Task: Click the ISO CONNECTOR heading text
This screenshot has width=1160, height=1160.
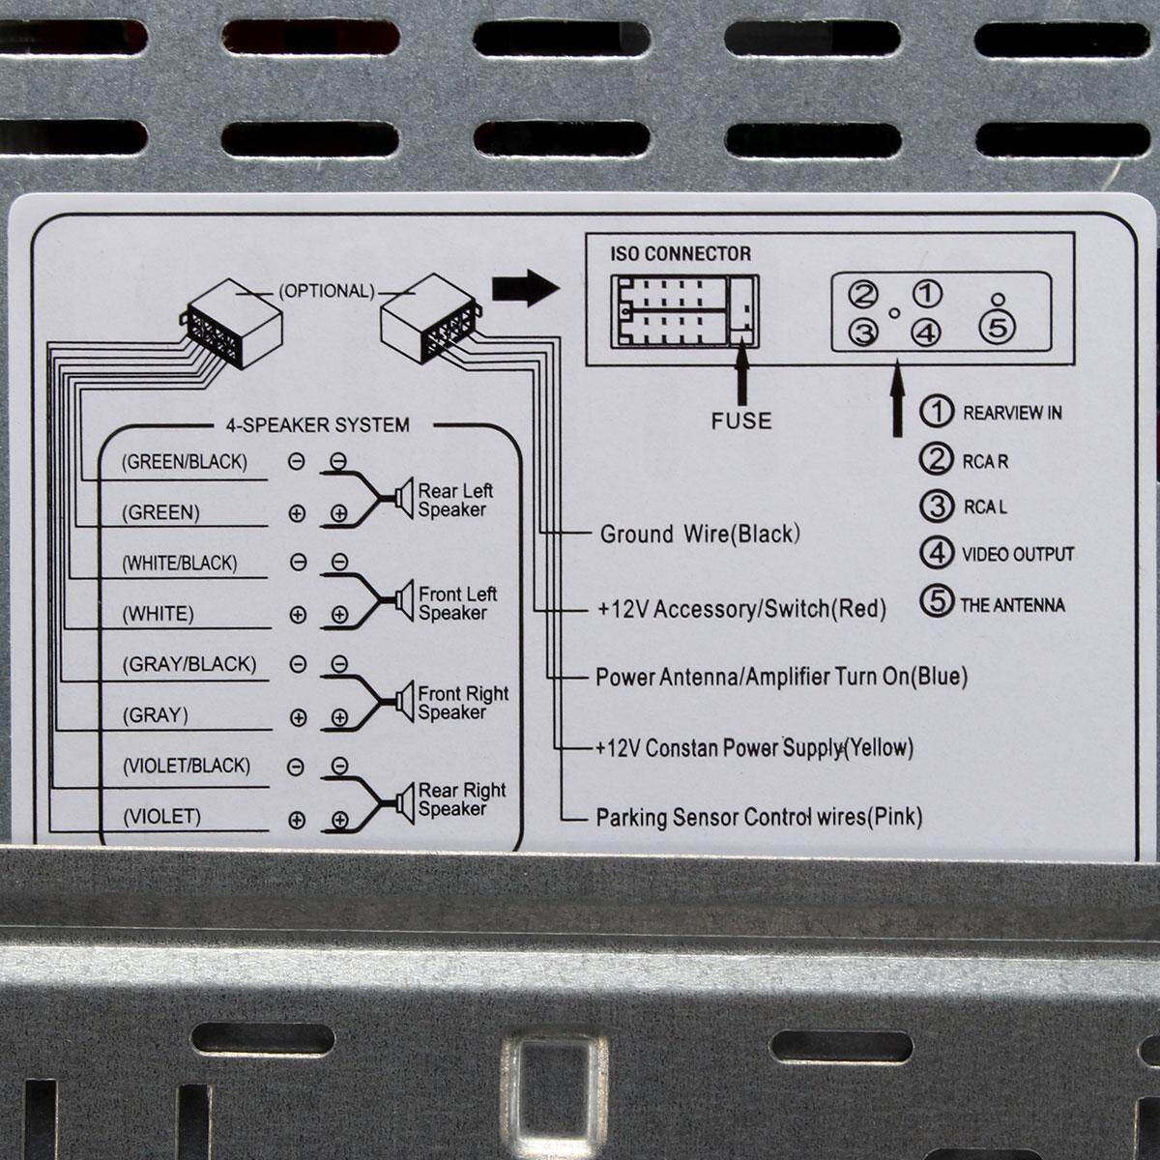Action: pyautogui.click(x=681, y=254)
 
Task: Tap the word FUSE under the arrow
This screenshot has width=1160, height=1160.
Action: pyautogui.click(x=741, y=420)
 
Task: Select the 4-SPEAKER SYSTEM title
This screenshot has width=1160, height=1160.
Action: pyautogui.click(x=318, y=425)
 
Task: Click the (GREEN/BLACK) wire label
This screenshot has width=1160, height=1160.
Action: pyautogui.click(x=185, y=462)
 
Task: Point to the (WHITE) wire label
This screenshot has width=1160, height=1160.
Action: pyautogui.click(x=159, y=614)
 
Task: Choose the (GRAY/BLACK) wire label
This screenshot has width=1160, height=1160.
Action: pyautogui.click(x=189, y=664)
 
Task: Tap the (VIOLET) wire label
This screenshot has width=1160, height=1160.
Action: pyautogui.click(x=162, y=817)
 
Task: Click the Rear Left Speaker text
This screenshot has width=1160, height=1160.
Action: pyautogui.click(x=455, y=500)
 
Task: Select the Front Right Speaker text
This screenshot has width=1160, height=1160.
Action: pyautogui.click(x=464, y=703)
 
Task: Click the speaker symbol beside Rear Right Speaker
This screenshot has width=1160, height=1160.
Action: pyautogui.click(x=404, y=803)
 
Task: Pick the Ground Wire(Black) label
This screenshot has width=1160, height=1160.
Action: pyautogui.click(x=700, y=535)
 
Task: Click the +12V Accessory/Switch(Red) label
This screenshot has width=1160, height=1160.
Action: pyautogui.click(x=741, y=609)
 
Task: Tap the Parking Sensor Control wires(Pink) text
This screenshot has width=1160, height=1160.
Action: pyautogui.click(x=759, y=818)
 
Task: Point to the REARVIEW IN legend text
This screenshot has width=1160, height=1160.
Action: pyautogui.click(x=1012, y=413)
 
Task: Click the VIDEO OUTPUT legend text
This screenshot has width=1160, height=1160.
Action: pyautogui.click(x=1018, y=555)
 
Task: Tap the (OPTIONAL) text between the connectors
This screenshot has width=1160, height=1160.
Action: pyautogui.click(x=327, y=291)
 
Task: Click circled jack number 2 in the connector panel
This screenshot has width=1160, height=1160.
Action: pyautogui.click(x=862, y=295)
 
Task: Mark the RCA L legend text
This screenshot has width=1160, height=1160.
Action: pyautogui.click(x=985, y=507)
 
